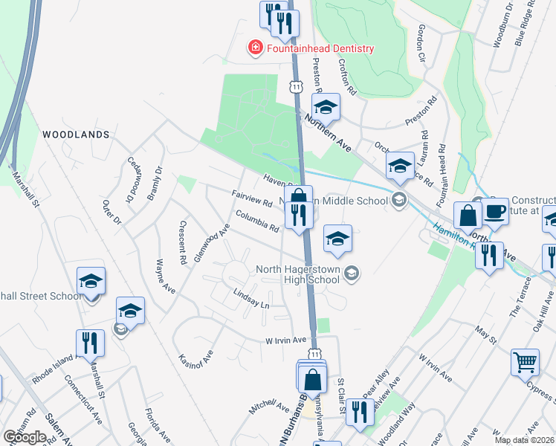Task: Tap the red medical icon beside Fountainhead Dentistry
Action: pyautogui.click(x=255, y=48)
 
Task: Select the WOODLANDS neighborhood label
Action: pyautogui.click(x=76, y=135)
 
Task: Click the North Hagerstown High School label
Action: pyautogui.click(x=297, y=274)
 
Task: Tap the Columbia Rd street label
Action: pyautogui.click(x=257, y=221)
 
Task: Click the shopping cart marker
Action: pyautogui.click(x=525, y=363)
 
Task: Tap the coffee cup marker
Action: pyautogui.click(x=495, y=211)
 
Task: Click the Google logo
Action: pyautogui.click(x=25, y=437)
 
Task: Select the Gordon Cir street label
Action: pyautogui.click(x=421, y=42)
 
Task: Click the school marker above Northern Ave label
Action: pyautogui.click(x=326, y=107)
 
